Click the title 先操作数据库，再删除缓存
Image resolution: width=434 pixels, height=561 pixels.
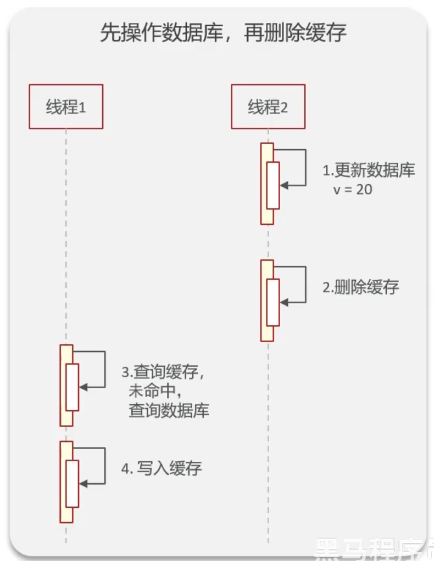point(223,34)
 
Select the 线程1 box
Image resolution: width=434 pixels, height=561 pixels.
point(66,106)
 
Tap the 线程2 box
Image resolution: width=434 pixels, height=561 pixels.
point(268,106)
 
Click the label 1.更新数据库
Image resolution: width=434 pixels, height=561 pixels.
point(368,171)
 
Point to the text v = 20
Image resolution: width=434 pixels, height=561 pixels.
point(353,190)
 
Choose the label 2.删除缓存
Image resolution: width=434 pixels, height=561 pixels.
point(360,287)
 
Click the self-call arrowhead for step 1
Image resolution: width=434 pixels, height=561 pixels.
point(282,185)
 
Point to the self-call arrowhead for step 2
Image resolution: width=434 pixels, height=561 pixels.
point(282,302)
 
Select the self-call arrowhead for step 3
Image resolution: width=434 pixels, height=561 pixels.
point(82,387)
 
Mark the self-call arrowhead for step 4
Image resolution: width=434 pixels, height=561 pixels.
point(82,484)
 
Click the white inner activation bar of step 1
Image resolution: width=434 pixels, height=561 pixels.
point(273,185)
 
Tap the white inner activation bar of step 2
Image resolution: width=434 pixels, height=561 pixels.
point(273,302)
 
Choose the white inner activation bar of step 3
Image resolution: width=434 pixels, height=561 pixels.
point(72,387)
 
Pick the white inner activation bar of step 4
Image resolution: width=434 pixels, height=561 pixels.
point(72,484)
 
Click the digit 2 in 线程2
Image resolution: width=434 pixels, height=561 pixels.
point(284,107)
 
